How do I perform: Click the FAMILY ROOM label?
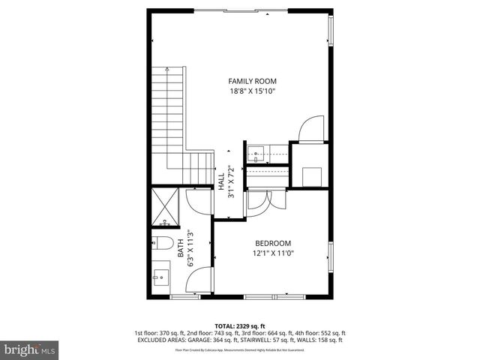(253, 80)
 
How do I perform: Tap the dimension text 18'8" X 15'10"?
(253, 91)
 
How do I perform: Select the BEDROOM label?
(272, 243)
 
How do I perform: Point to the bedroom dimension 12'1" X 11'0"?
(272, 253)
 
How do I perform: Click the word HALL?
(221, 182)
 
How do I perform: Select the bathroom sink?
(160, 278)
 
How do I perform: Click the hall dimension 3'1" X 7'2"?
(231, 181)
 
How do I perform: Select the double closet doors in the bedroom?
(266, 200)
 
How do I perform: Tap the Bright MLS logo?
(30, 349)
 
